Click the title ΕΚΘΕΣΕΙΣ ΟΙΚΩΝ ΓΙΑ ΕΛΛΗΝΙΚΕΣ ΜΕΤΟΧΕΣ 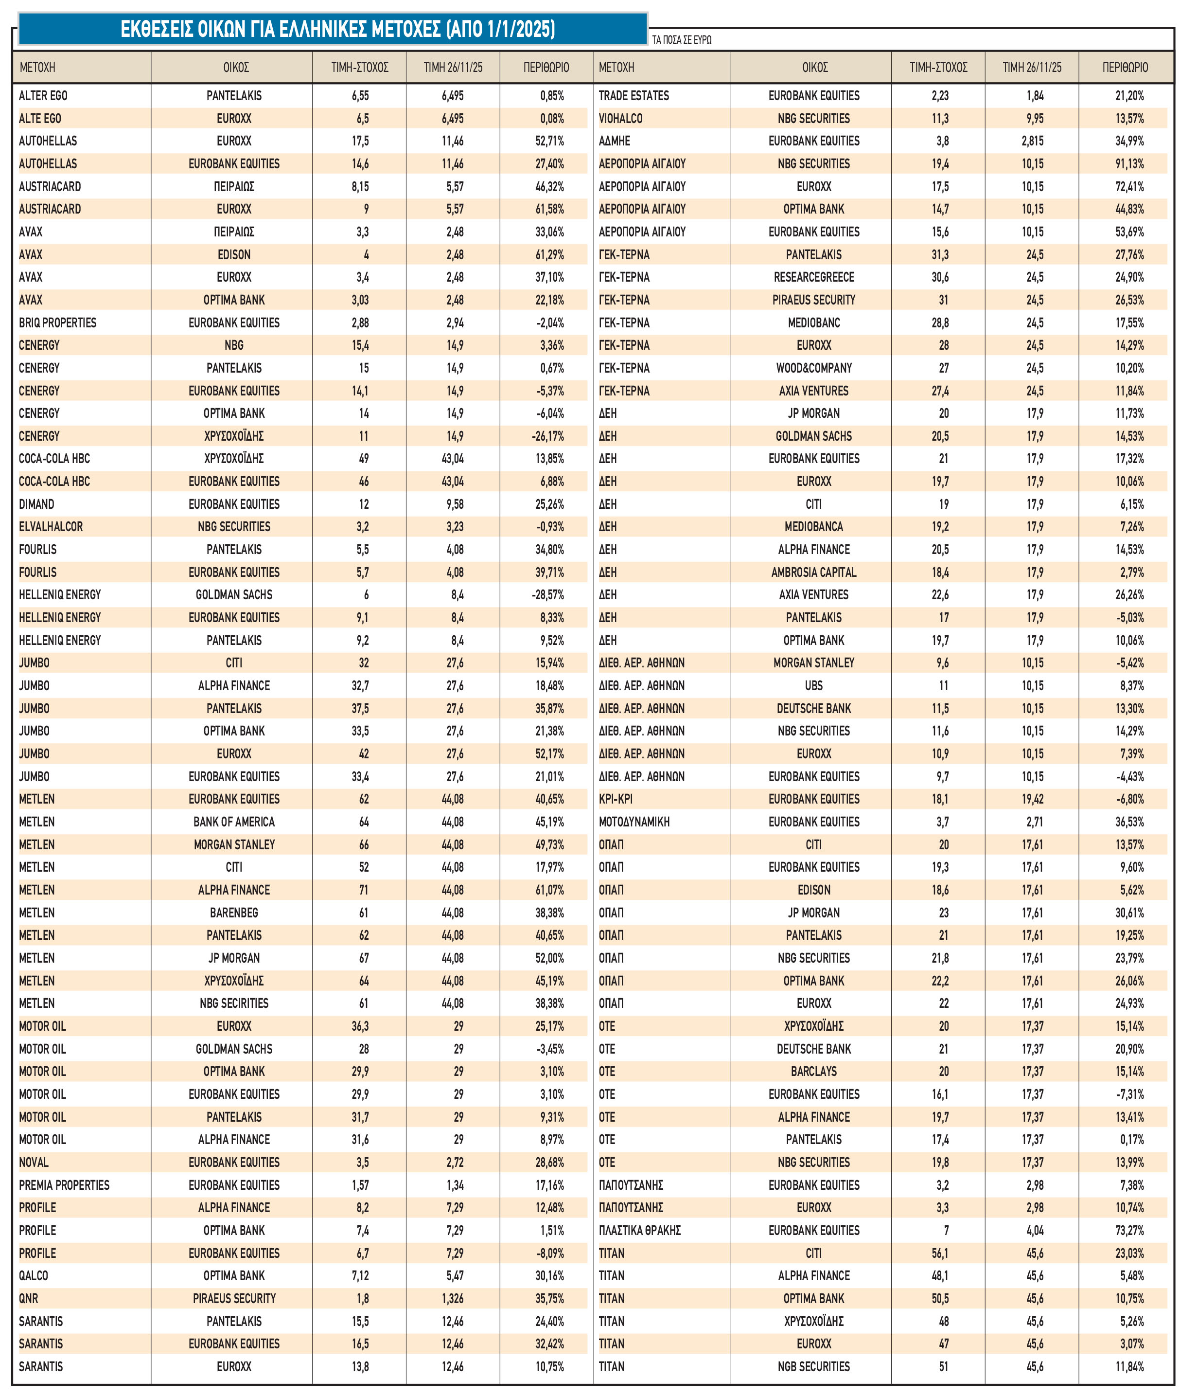337,29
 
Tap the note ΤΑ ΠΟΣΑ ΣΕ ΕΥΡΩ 682,40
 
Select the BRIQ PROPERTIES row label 57,322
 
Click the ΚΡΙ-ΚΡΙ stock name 616,799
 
